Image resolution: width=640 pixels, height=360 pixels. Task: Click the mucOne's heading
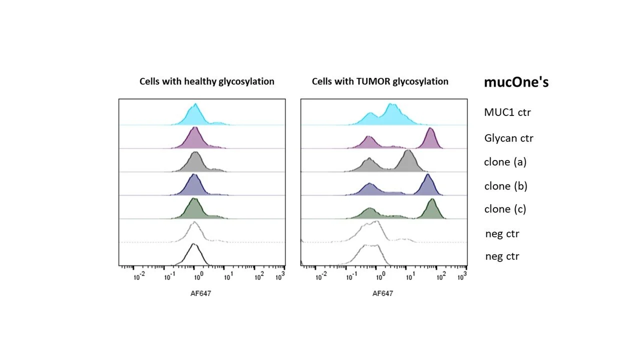pyautogui.click(x=516, y=82)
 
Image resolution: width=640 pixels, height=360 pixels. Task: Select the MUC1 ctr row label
pyautogui.click(x=507, y=112)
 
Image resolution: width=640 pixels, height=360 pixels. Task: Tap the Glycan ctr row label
pyautogui.click(x=508, y=138)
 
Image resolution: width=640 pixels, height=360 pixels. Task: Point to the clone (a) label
pyautogui.click(x=505, y=161)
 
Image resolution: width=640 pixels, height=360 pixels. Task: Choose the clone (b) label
pyautogui.click(x=505, y=186)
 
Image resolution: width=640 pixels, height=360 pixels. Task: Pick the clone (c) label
pyautogui.click(x=505, y=209)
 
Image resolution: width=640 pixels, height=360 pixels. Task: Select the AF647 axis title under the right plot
pyautogui.click(x=382, y=293)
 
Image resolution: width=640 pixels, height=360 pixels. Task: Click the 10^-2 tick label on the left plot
pyautogui.click(x=139, y=276)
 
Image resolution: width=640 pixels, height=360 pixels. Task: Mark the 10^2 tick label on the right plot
pyautogui.click(x=440, y=276)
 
